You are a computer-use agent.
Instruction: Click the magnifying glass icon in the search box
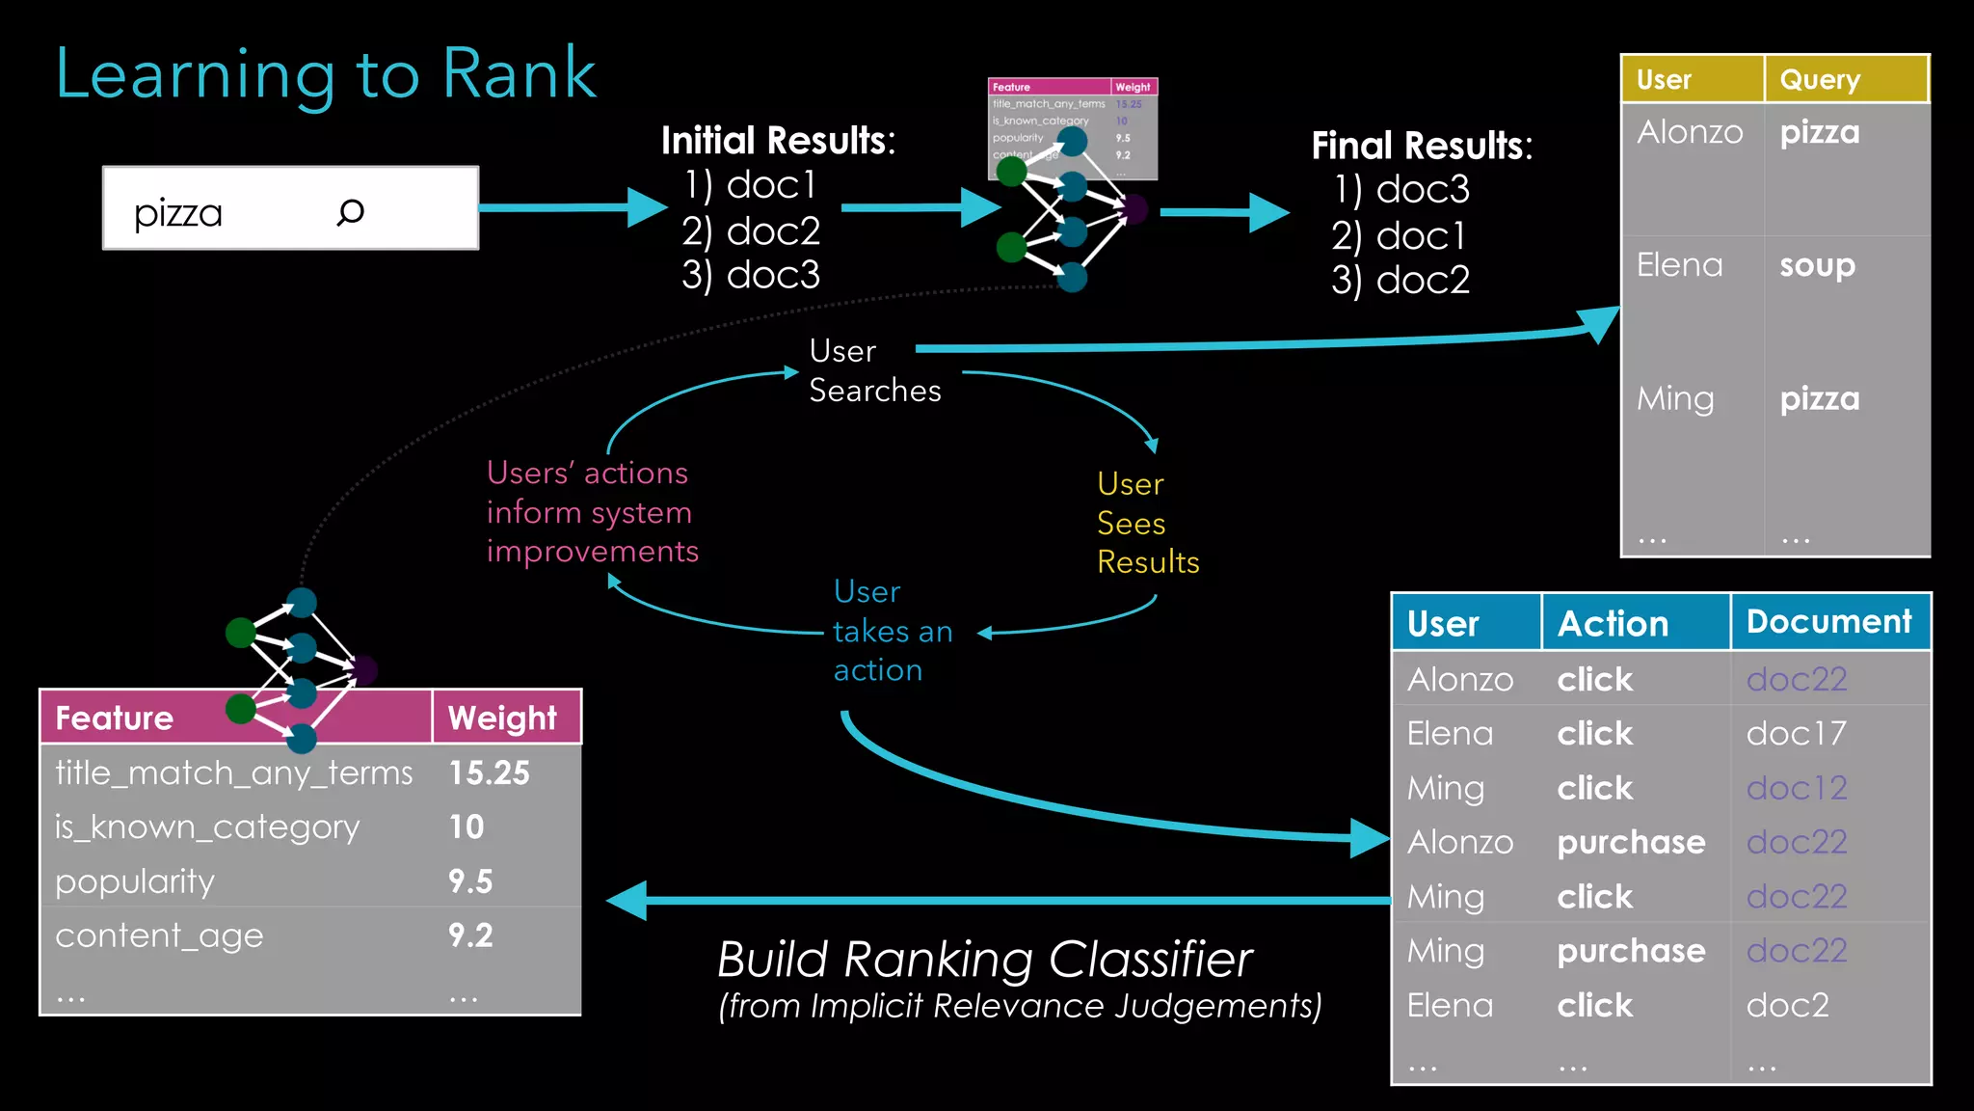350,211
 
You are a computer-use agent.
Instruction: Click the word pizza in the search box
178,213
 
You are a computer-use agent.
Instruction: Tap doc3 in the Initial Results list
772,275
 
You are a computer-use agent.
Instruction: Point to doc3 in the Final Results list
1422,189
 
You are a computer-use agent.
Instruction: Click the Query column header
1820,79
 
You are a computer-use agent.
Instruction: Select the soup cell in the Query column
1817,264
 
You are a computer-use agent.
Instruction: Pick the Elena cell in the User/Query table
1679,264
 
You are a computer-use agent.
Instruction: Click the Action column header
1613,623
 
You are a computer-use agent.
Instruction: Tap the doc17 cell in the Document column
1796,734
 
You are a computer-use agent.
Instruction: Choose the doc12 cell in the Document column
1796,788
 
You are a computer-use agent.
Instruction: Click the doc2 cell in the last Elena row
1787,1005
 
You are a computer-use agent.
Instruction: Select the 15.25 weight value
489,772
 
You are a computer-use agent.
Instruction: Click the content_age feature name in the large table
159,935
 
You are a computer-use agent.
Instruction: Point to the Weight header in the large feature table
502,718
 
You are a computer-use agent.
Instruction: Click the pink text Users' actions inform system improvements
592,512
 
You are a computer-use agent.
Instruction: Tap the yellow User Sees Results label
1147,523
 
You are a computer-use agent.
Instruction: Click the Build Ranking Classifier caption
984,960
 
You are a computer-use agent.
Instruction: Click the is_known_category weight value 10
467,826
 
